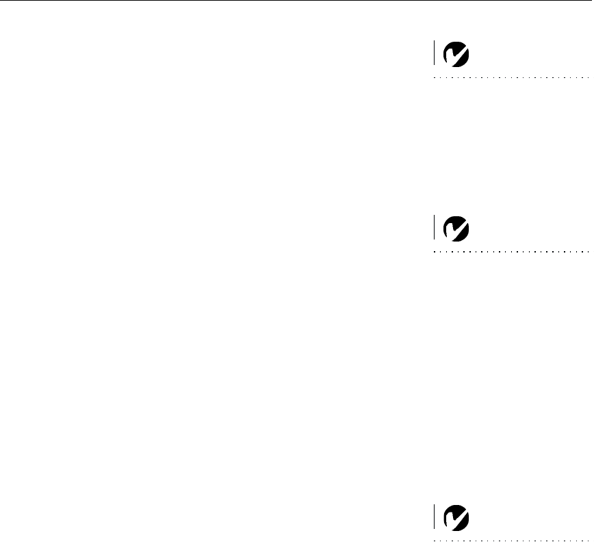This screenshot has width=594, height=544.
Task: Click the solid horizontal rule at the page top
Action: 297,1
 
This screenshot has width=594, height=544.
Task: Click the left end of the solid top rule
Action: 1,1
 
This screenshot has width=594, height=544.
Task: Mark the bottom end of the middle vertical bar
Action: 434,239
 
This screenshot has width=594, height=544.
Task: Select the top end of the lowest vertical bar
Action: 434,506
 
